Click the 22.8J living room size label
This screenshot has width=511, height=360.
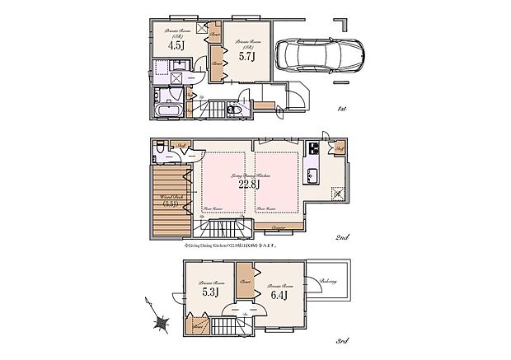[x=250, y=185]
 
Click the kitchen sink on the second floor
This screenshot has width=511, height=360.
[x=313, y=175]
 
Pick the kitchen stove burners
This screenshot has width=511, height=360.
[x=313, y=150]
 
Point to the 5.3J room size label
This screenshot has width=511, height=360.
[x=209, y=290]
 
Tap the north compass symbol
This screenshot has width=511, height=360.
[x=160, y=322]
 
